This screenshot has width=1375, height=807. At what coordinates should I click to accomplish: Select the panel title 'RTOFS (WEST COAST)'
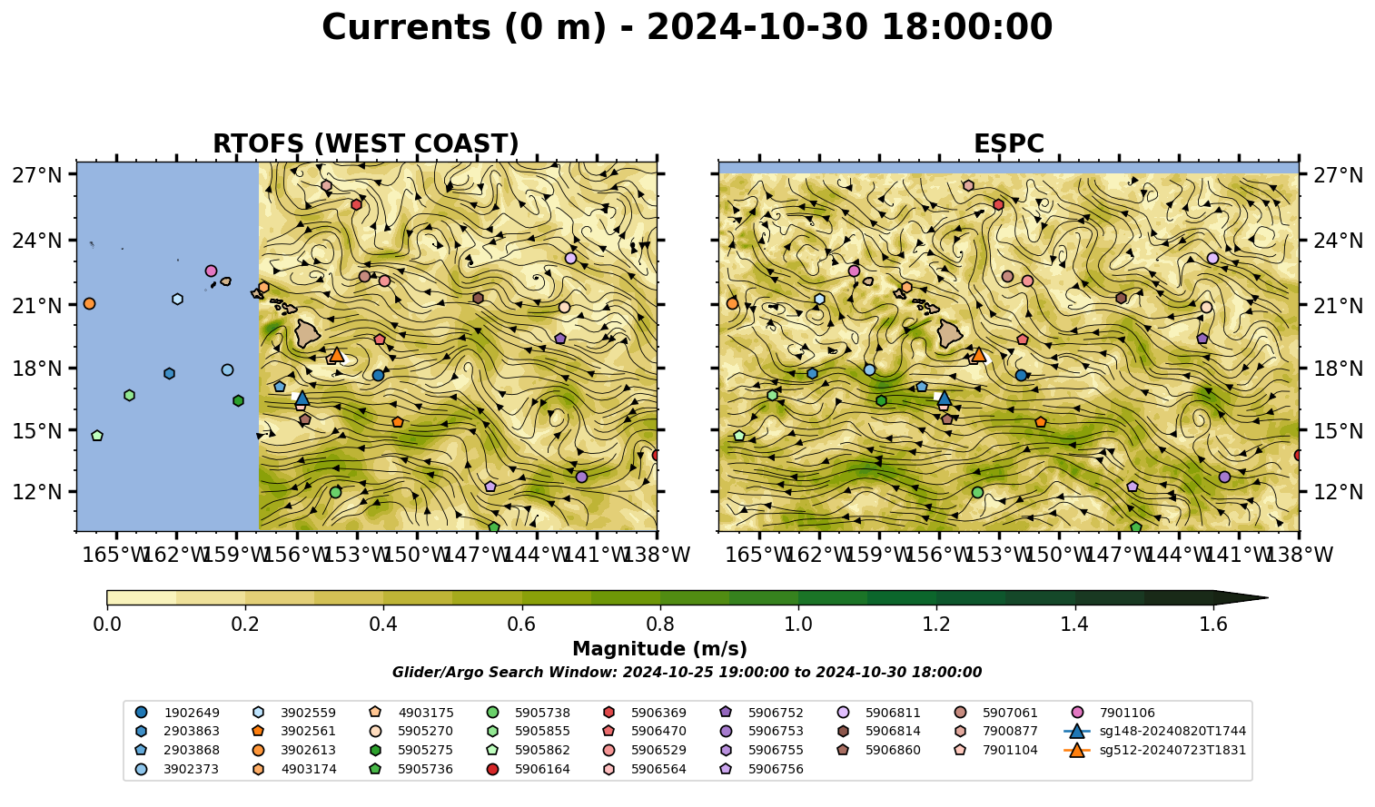point(366,143)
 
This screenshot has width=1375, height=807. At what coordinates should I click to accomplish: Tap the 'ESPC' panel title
point(1008,143)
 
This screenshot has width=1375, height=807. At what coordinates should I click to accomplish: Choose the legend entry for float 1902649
point(177,713)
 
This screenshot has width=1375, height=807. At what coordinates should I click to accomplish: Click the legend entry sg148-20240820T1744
point(1154,731)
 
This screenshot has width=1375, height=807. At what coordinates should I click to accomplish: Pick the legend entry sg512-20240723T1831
point(1154,750)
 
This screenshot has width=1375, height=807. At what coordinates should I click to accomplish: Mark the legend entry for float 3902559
point(294,713)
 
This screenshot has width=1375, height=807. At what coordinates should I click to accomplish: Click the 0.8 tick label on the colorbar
point(660,625)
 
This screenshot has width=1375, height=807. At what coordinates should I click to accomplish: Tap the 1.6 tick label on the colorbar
point(1213,625)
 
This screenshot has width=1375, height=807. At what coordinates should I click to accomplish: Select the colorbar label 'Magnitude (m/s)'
point(660,649)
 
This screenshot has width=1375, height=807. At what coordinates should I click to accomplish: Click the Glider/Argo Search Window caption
point(687,672)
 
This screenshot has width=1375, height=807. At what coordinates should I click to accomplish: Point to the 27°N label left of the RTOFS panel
point(37,175)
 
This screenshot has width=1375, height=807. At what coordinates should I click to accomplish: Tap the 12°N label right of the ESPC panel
point(1337,492)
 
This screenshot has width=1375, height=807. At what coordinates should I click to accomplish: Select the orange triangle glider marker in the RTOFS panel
point(336,354)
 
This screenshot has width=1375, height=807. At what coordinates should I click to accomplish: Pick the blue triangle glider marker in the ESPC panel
point(945,399)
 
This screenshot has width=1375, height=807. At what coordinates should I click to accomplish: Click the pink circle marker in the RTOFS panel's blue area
point(211,271)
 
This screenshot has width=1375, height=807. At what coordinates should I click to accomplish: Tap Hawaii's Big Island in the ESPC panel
point(949,333)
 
